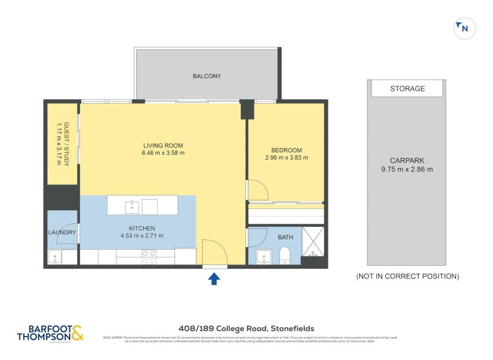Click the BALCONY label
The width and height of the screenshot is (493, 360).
(206, 76)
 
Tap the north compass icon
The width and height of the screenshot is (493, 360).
(464, 28)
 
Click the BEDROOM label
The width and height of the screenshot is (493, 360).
(286, 150)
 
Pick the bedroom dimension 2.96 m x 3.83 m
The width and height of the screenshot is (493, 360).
(286, 158)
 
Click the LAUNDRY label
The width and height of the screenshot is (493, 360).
(63, 232)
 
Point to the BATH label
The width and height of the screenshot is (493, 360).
(286, 237)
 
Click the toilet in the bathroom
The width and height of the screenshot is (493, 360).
(285, 255)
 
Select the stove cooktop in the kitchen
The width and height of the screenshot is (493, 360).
(149, 256)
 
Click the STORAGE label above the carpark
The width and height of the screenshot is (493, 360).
(407, 89)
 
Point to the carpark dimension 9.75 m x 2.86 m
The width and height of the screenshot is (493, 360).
(407, 169)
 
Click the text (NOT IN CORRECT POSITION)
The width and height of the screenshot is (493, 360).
(407, 277)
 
